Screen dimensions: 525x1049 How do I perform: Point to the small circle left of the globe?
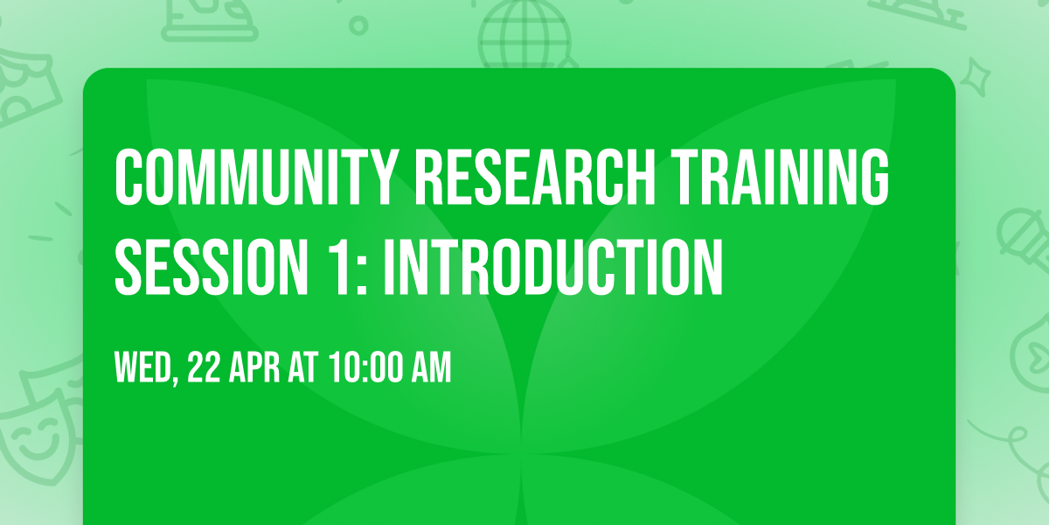tap(358, 25)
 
